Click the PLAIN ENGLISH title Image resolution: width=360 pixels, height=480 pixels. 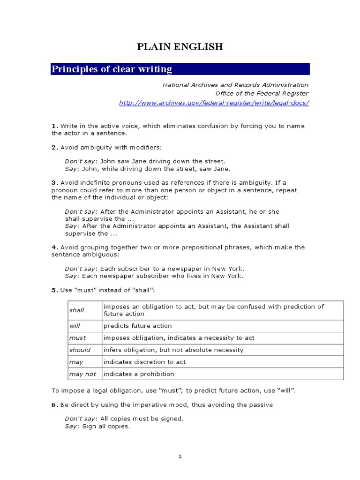(x=180, y=46)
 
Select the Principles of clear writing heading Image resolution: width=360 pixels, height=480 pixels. (x=112, y=69)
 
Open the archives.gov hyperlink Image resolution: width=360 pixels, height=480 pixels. (x=214, y=103)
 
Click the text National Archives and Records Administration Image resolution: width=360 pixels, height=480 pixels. (x=235, y=85)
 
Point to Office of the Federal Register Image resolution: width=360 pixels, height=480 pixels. (x=262, y=93)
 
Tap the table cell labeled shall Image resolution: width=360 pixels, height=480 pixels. (x=77, y=310)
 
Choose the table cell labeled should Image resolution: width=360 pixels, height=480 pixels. (x=80, y=350)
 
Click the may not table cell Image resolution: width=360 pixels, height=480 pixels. (x=82, y=374)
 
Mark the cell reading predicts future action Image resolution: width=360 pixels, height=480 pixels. (x=137, y=326)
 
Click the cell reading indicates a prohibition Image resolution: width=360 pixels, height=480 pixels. (x=139, y=374)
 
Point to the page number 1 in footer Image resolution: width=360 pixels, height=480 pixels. (x=180, y=457)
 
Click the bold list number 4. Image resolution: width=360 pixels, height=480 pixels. (x=54, y=247)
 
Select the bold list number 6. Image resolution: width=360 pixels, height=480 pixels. (x=54, y=405)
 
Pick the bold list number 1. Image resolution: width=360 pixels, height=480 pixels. (x=54, y=126)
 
